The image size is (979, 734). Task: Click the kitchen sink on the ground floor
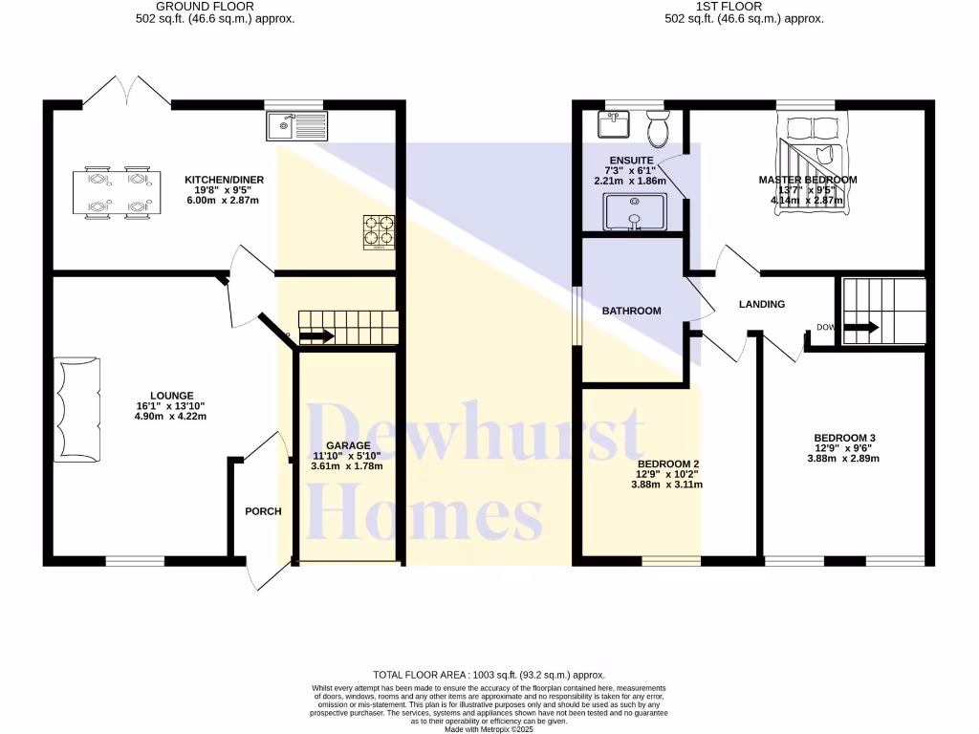click(x=298, y=123)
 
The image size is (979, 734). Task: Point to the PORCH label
click(x=263, y=511)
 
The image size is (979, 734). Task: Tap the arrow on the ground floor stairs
click(x=316, y=335)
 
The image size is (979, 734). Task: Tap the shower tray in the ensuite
click(x=634, y=211)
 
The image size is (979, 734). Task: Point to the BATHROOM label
click(x=631, y=311)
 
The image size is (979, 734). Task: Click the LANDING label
click(x=762, y=305)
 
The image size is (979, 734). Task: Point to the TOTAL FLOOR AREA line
click(x=489, y=675)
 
